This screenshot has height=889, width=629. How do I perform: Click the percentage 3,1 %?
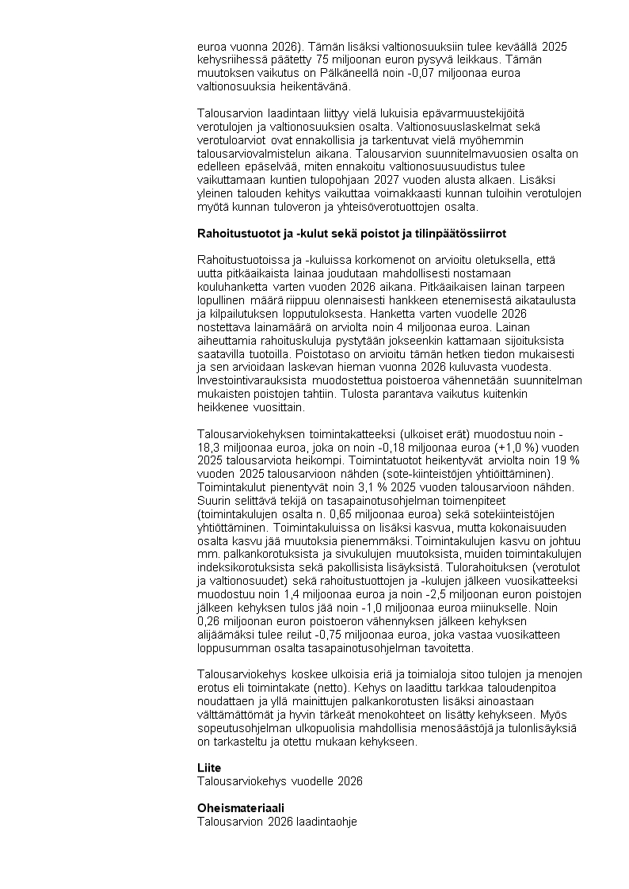point(355,487)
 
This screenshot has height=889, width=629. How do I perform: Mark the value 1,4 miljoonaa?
point(295,595)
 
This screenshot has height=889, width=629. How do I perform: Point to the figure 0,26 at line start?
point(209,622)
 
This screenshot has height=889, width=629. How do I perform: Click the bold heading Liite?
point(209,769)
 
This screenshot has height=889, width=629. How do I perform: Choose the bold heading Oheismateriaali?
point(241,808)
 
